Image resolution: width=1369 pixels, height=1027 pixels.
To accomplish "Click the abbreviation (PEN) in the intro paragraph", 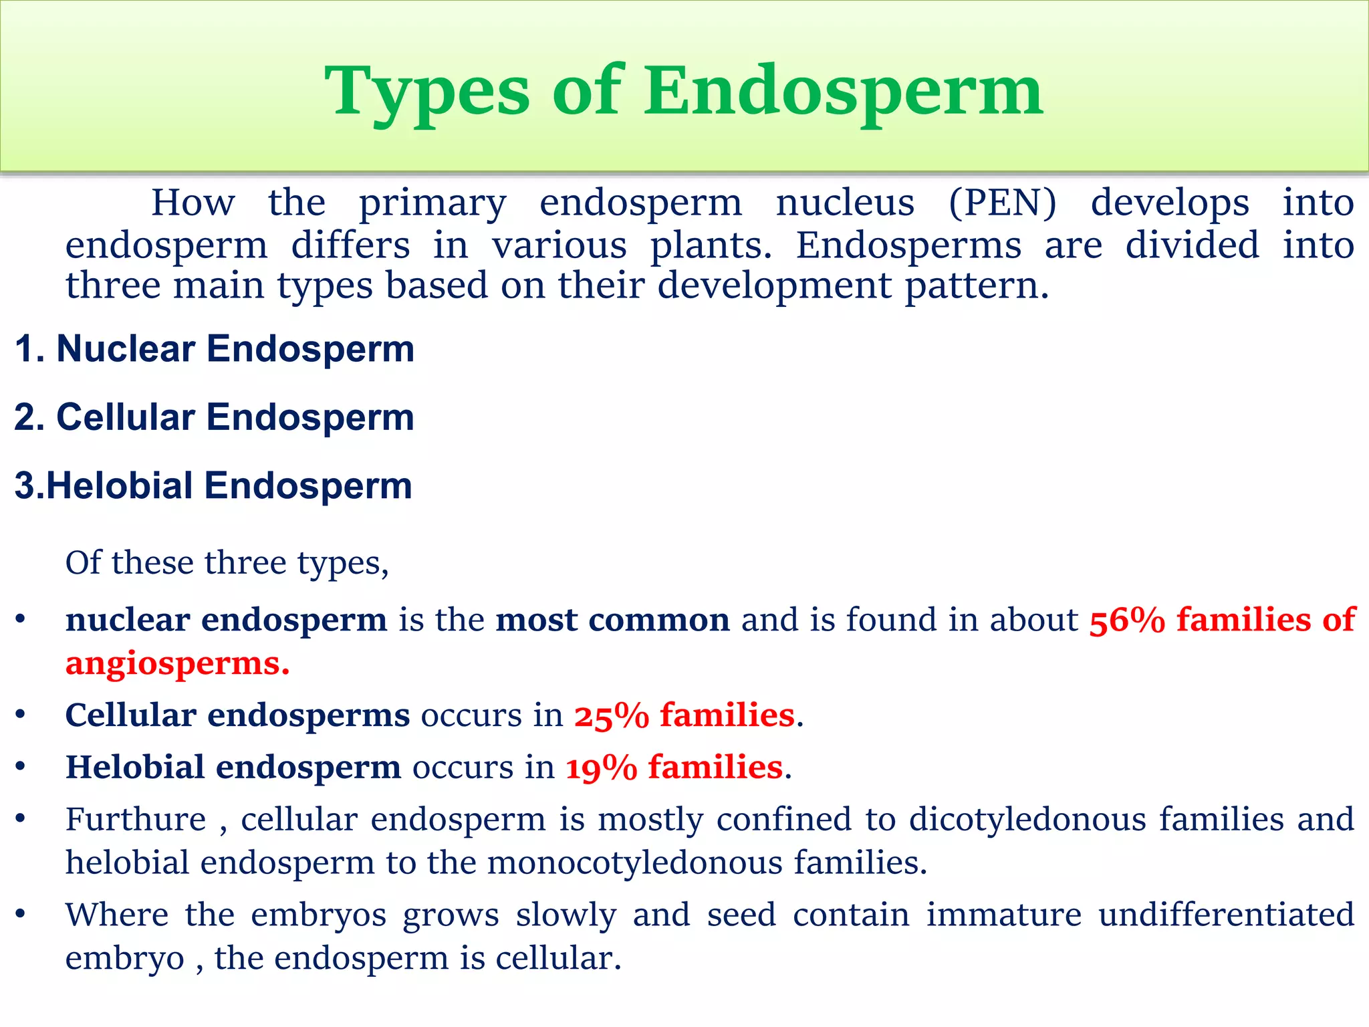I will [x=1002, y=203].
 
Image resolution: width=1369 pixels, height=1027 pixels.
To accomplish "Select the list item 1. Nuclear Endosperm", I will [x=214, y=349].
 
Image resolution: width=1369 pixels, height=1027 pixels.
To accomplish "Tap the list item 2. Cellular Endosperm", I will [x=214, y=417].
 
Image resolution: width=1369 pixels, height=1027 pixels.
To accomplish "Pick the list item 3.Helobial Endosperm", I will [x=213, y=485].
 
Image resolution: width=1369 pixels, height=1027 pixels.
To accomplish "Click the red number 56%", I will [x=1127, y=620].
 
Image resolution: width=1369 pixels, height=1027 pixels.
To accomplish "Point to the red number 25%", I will [x=611, y=716].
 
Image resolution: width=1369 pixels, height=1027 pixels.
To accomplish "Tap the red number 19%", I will [x=601, y=768].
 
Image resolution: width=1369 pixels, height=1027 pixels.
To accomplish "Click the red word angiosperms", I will [x=176, y=664].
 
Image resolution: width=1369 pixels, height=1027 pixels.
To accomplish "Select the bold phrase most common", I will [x=612, y=620].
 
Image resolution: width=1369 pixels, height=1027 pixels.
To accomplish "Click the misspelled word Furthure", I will [x=136, y=820].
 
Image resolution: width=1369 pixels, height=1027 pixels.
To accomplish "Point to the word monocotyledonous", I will [x=634, y=863].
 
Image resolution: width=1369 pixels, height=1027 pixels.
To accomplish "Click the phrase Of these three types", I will [x=226, y=563].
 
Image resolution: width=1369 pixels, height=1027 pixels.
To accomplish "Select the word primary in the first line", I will [x=432, y=204].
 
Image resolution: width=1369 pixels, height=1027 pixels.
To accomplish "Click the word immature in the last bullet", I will [x=1003, y=915].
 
